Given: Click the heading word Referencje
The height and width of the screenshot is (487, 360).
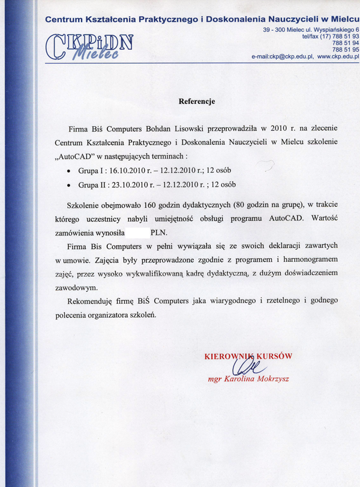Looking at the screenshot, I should coord(197,101).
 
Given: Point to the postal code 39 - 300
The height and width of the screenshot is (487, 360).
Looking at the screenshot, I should coord(275,29).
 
